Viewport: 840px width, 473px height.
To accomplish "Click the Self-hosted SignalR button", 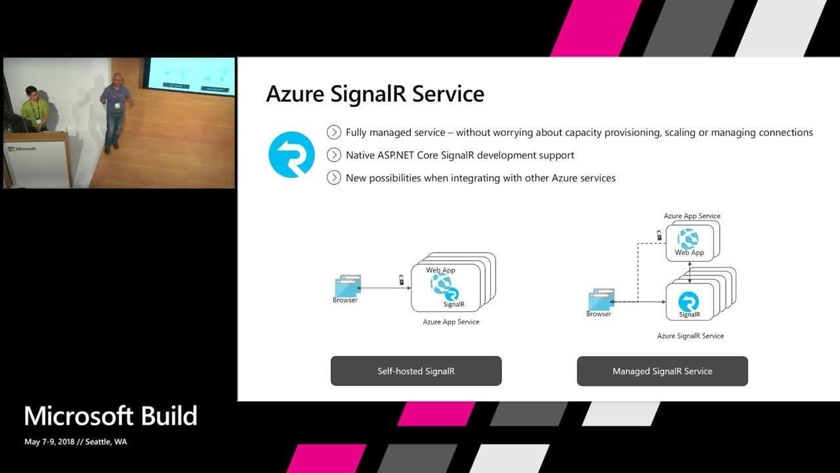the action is click(x=416, y=371).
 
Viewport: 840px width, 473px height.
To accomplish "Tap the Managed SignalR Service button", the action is click(x=662, y=371).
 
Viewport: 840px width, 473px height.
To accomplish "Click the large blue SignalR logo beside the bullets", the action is click(x=291, y=154).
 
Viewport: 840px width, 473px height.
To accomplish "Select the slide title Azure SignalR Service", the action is click(x=375, y=94).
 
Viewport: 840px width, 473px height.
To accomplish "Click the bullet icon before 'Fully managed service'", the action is click(x=334, y=133).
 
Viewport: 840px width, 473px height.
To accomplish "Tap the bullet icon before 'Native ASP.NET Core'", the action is click(x=334, y=155).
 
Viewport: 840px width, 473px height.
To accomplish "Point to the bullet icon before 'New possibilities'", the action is click(x=334, y=177).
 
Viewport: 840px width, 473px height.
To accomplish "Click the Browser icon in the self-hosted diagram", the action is click(x=347, y=286).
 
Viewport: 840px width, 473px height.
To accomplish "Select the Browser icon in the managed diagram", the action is click(x=601, y=300).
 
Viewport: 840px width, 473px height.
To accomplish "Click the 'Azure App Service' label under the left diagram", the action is click(x=451, y=322).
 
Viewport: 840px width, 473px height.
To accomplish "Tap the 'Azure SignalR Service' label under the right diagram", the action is click(x=690, y=336).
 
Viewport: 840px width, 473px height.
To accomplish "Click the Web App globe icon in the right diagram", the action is click(x=688, y=238).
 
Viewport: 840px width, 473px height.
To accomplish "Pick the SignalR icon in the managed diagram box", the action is click(x=688, y=302).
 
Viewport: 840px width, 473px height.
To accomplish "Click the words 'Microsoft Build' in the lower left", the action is click(x=110, y=417).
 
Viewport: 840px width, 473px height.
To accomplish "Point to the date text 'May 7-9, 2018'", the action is click(x=49, y=442).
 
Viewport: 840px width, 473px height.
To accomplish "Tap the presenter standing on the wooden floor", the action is click(x=116, y=108).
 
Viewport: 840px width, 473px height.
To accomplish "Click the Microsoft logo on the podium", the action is click(x=22, y=149).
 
